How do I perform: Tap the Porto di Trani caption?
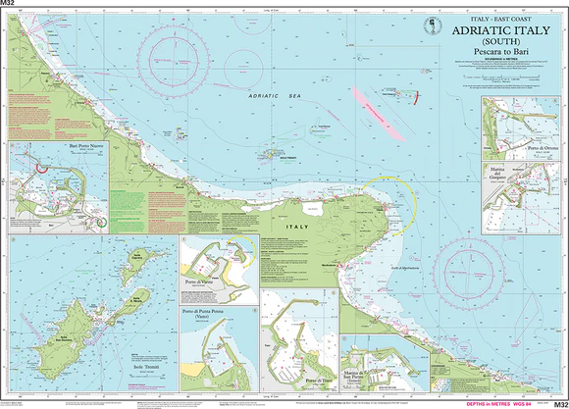click(x=313, y=380)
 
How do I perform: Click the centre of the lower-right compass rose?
click(x=469, y=269)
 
